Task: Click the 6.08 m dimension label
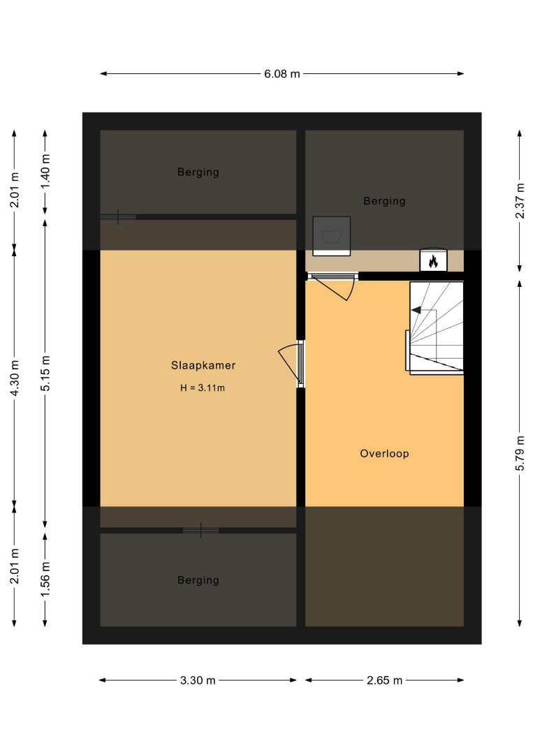(x=282, y=74)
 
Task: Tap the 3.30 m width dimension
(x=198, y=681)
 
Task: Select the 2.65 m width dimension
(x=384, y=681)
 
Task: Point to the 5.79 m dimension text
(x=520, y=454)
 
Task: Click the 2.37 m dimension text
(x=520, y=201)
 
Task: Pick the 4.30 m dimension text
(x=15, y=378)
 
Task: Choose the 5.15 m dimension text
(x=45, y=374)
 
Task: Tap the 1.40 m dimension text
(x=45, y=172)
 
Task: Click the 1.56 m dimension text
(x=45, y=579)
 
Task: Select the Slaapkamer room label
(x=203, y=365)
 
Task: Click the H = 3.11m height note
(x=203, y=388)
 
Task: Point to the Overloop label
(x=384, y=454)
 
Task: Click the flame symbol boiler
(x=433, y=260)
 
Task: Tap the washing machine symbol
(x=331, y=236)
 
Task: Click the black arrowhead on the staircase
(x=416, y=310)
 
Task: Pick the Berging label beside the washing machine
(x=384, y=201)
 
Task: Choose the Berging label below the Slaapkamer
(x=198, y=580)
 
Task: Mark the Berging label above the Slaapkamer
(x=198, y=172)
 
